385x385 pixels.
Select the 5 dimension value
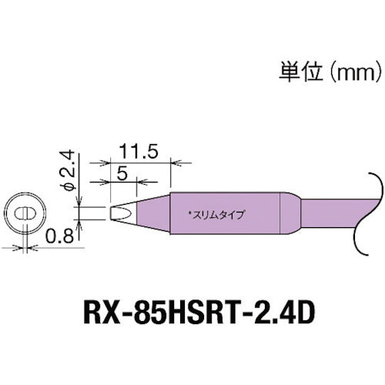click(122, 173)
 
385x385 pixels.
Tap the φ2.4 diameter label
click(68, 170)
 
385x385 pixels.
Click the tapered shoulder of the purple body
click(290, 212)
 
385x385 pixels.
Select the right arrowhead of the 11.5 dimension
click(166, 162)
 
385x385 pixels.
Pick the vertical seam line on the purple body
click(277, 212)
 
